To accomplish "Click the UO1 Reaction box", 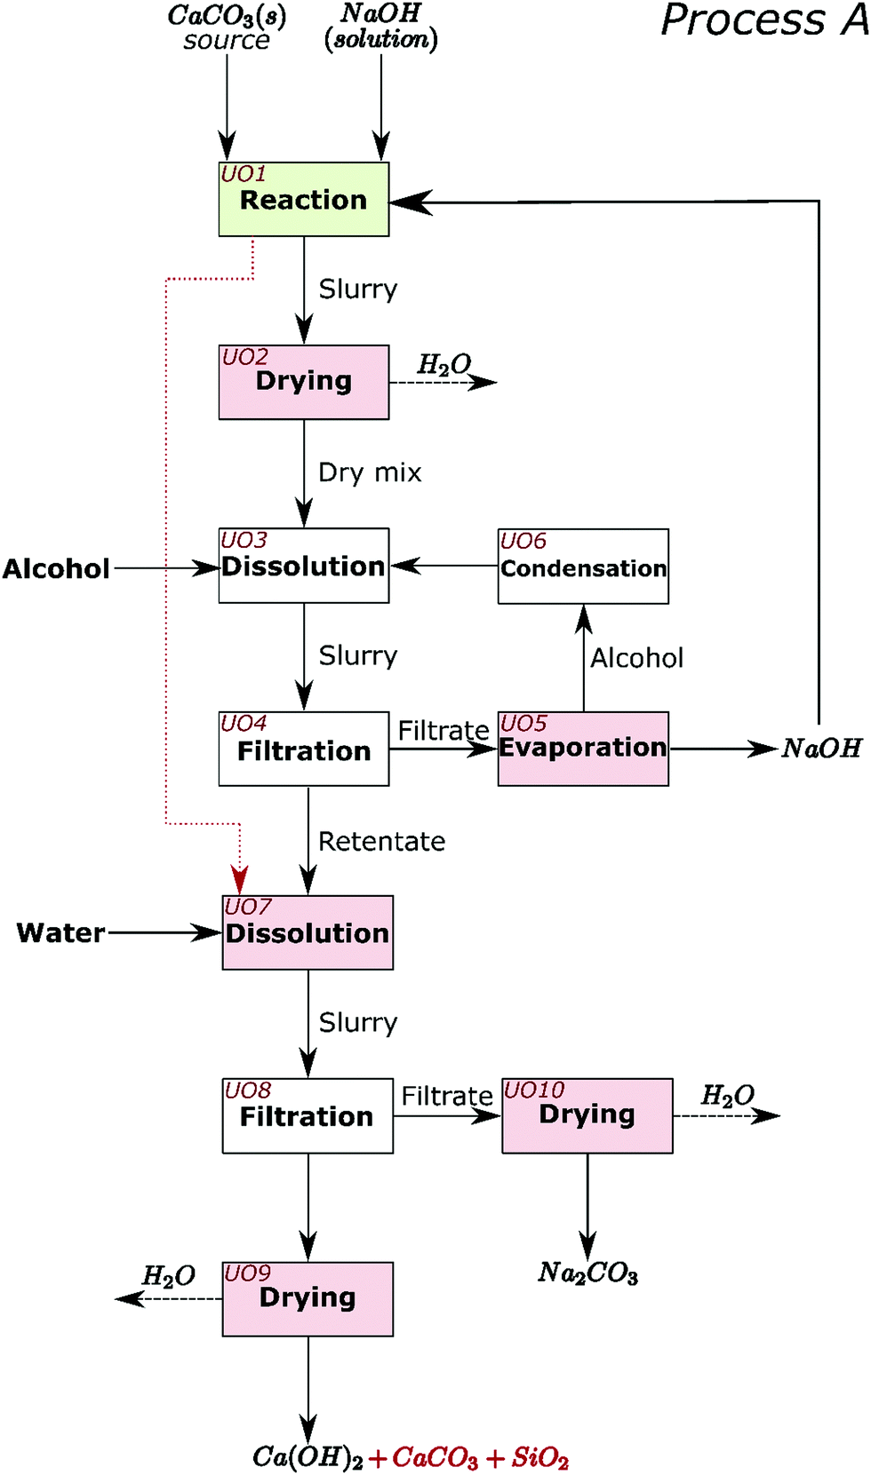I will click(x=303, y=199).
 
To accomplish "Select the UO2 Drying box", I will click(x=303, y=382).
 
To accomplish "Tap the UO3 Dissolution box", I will click(x=303, y=566).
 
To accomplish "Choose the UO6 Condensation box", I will click(x=583, y=567).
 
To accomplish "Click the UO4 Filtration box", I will click(x=303, y=749).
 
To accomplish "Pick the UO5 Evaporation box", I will click(x=583, y=749).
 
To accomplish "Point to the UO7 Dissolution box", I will click(x=308, y=932).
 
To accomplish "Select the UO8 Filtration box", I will click(x=308, y=1115).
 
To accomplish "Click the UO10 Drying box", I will click(x=587, y=1115).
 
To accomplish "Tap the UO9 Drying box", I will click(x=308, y=1298).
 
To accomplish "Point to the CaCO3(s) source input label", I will click(x=227, y=28).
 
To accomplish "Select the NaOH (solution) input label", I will click(x=381, y=27).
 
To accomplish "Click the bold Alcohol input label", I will click(x=56, y=568).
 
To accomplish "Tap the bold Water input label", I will click(x=60, y=932).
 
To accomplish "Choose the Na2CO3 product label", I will click(x=587, y=1273).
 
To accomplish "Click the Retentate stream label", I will click(x=381, y=841).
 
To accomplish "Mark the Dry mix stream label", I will click(x=370, y=472).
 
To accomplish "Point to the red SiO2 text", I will click(x=539, y=1457).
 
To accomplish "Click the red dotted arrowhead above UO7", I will click(x=240, y=880).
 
